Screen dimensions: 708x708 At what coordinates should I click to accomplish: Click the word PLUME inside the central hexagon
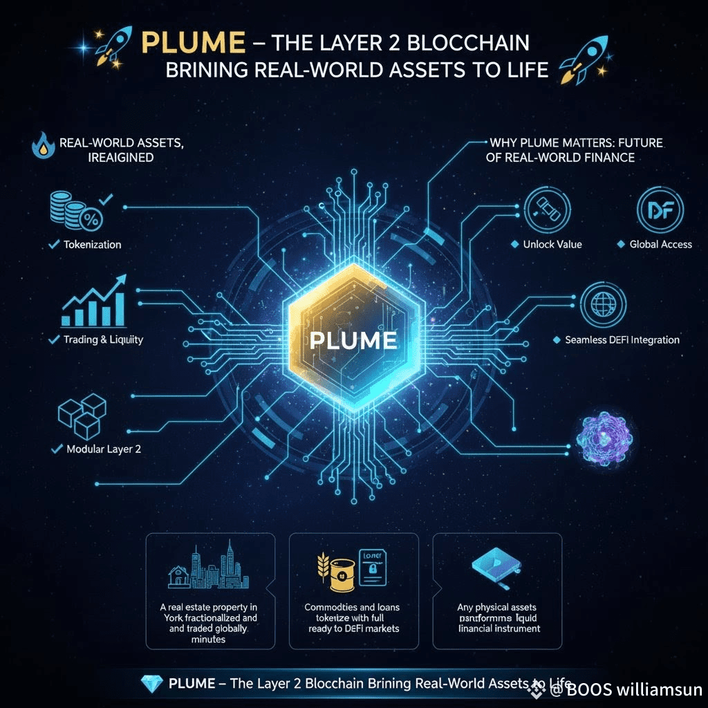353,340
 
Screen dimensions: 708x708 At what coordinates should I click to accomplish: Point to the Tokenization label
92,245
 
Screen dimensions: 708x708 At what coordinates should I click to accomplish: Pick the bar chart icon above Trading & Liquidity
94,303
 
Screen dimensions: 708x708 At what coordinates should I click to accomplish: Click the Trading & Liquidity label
103,340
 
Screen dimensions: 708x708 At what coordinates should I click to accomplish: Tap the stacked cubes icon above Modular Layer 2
82,414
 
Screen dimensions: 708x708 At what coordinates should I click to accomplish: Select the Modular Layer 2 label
104,449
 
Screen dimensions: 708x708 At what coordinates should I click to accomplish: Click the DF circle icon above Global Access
660,208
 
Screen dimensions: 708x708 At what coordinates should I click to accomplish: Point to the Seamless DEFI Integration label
622,340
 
